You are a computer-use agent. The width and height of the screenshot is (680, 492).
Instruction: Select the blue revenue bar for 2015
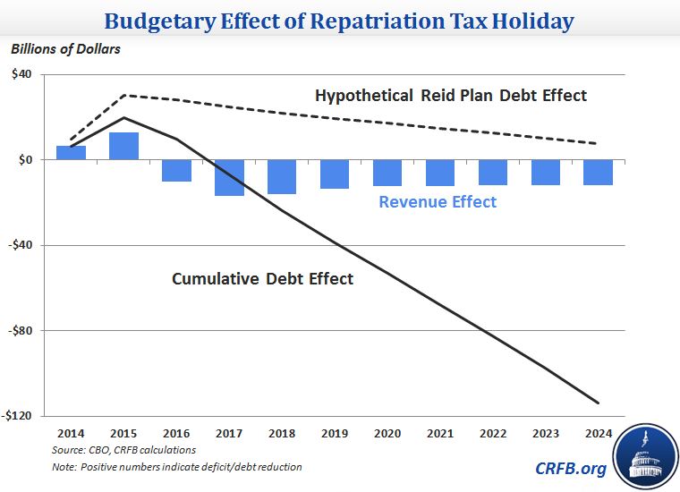pos(123,146)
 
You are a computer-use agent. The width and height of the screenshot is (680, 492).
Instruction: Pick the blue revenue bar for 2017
pos(229,177)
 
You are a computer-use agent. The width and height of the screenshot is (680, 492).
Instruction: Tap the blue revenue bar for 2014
pos(71,153)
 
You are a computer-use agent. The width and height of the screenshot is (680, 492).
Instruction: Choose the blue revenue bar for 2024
pos(598,172)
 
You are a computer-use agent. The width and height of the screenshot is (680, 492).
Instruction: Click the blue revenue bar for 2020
pos(387,173)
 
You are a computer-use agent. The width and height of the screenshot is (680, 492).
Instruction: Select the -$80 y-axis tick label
pos(20,331)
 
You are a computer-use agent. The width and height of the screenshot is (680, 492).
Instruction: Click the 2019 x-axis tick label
pos(335,433)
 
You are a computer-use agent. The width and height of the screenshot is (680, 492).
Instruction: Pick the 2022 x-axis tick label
pos(493,433)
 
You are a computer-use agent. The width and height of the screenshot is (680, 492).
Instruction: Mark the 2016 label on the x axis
pos(176,433)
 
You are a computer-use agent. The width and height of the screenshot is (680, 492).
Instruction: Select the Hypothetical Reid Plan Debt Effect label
pos(450,95)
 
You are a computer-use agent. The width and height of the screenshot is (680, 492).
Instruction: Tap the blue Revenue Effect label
pos(438,202)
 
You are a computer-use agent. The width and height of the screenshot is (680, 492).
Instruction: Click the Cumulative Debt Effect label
pos(262,279)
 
